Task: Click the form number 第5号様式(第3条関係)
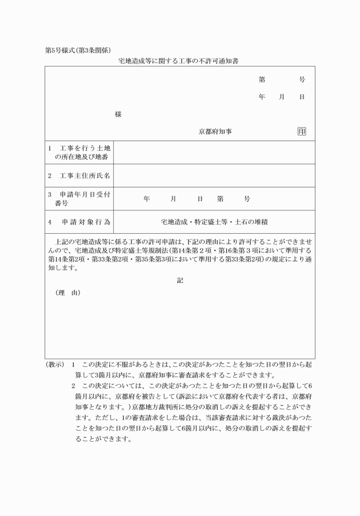[77, 50]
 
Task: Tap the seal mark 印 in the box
[302, 131]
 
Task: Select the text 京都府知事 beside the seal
[215, 131]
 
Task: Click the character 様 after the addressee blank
[118, 114]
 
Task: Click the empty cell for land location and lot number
[214, 152]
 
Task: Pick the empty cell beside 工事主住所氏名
[214, 175]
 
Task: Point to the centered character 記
[180, 280]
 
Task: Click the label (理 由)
[68, 293]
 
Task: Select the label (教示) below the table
[55, 365]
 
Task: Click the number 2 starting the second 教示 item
[74, 386]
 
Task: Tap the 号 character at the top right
[302, 80]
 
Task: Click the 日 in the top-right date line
[302, 97]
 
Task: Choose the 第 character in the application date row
[220, 199]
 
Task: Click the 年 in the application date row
[146, 199]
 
